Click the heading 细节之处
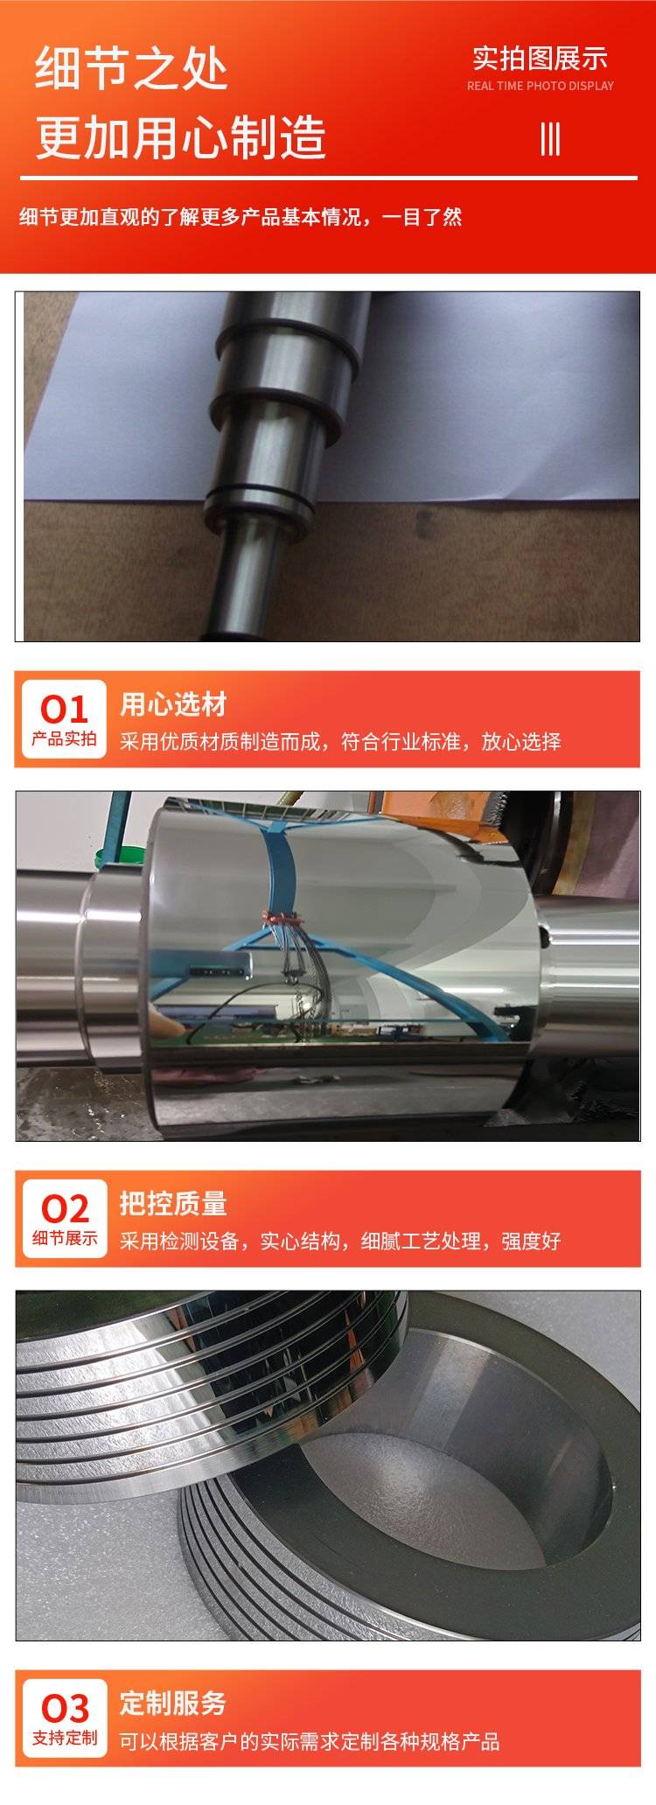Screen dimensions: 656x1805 tap(131, 70)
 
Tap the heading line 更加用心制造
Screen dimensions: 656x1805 tap(180, 137)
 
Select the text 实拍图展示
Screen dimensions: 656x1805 tap(540, 59)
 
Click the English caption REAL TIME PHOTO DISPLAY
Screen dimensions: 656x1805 tap(540, 86)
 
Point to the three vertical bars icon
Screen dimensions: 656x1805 tap(550, 138)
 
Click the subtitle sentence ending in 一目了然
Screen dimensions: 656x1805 tap(241, 217)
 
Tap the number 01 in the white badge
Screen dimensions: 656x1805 tap(65, 709)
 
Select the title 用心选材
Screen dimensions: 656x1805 tap(173, 704)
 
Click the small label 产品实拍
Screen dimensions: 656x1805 tap(65, 738)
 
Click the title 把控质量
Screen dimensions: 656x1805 tap(173, 1204)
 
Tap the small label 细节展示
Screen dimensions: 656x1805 tap(65, 1238)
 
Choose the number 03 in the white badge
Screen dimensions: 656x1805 tap(65, 1708)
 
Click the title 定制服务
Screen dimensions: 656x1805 tap(173, 1703)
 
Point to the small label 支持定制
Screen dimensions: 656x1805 tap(65, 1738)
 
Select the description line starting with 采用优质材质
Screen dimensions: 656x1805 tap(340, 742)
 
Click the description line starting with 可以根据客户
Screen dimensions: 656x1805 tap(310, 1741)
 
